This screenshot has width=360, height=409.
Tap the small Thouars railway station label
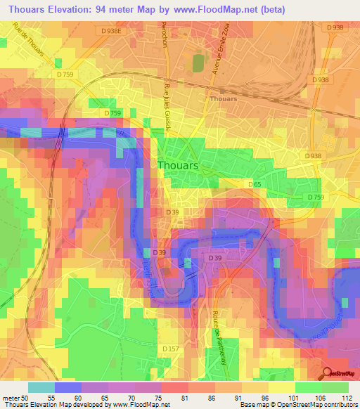tap(223, 99)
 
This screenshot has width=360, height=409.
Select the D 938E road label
tap(110, 31)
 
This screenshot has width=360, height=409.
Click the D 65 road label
tap(255, 184)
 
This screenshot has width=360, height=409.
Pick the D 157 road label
tap(170, 349)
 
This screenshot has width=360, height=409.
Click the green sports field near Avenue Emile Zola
tap(198, 63)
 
